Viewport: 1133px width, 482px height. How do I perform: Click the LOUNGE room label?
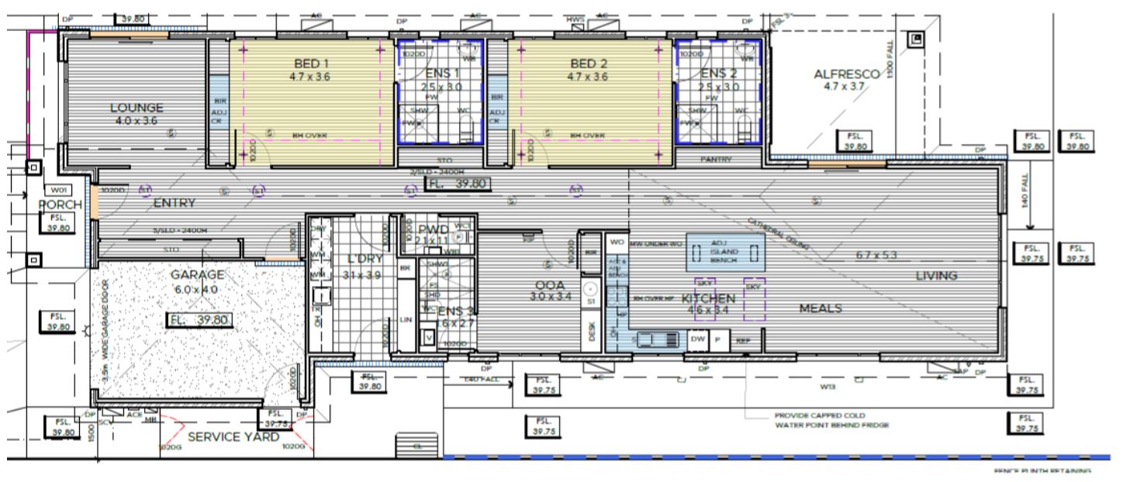[136, 108]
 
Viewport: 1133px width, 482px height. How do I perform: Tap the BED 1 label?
[312, 64]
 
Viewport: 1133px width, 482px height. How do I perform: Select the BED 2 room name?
[588, 64]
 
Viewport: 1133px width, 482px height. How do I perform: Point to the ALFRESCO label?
[847, 74]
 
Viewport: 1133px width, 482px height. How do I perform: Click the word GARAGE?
[198, 274]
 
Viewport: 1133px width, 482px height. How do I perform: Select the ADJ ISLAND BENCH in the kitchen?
[724, 253]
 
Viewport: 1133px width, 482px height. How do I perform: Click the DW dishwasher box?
[696, 339]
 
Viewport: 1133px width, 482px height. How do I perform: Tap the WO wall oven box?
[617, 243]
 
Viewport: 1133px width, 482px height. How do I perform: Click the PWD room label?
[433, 229]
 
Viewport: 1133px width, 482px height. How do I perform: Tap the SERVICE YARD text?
[233, 437]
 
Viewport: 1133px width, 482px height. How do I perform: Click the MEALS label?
[820, 308]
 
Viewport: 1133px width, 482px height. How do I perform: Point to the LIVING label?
[936, 275]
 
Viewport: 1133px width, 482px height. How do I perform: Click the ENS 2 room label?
[718, 74]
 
